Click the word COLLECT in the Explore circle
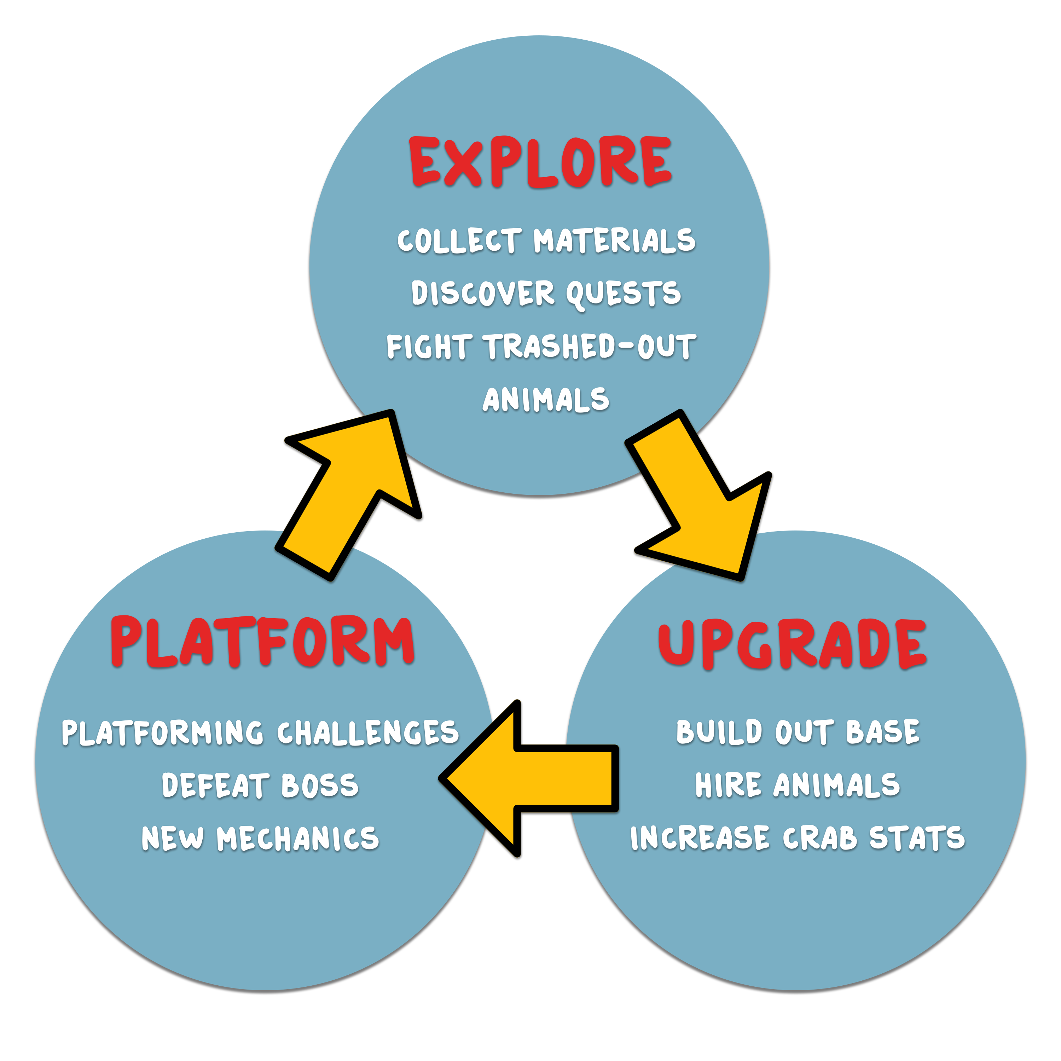pos(459,241)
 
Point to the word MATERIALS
pos(614,241)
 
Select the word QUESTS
pos(623,294)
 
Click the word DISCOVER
pos(483,294)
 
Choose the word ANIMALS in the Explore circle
pos(546,400)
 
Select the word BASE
pos(882,732)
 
